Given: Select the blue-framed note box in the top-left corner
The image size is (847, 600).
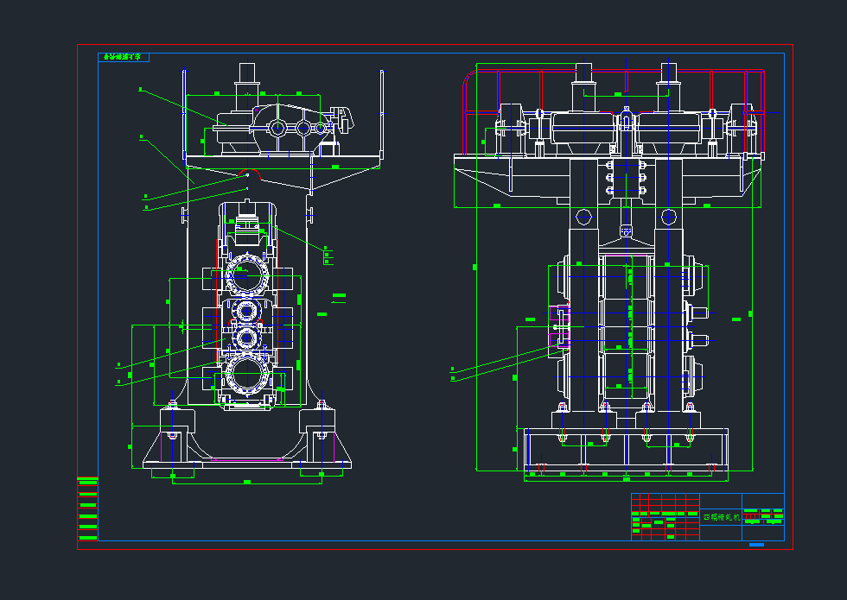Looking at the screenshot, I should [124, 57].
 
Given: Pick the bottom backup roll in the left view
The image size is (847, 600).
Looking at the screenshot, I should [247, 376].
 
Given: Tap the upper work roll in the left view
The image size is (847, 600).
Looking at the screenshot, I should [247, 311].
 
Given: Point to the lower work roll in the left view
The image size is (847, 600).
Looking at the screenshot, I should [247, 338].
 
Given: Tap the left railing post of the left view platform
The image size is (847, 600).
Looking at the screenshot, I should [184, 112].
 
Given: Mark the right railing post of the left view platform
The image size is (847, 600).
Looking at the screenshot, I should [381, 112].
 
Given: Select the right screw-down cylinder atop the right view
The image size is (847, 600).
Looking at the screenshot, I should [667, 86].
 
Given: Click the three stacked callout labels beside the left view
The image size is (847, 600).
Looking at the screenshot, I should [327, 255].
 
